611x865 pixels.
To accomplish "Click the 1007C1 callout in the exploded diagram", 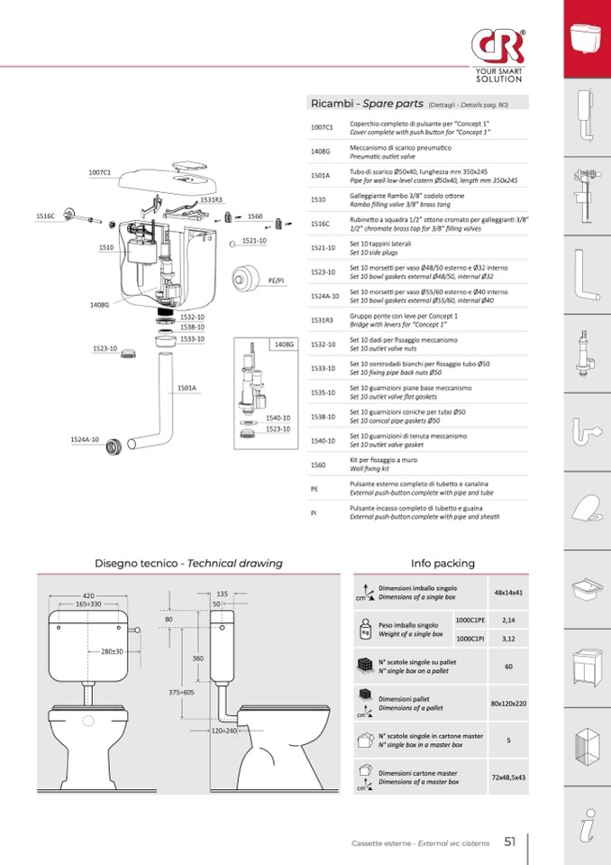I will [x=99, y=171].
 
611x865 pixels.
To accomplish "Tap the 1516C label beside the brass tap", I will [x=45, y=216].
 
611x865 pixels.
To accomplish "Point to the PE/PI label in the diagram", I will [x=277, y=281].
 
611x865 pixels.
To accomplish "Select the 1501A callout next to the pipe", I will [x=187, y=388].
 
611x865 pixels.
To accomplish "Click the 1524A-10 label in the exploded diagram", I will [x=85, y=439].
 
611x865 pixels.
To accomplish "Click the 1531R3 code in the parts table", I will [x=322, y=319].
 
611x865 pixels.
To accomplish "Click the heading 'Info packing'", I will [x=442, y=564].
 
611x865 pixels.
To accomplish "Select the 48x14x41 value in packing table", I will [x=508, y=593].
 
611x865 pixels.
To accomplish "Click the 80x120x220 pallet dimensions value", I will [x=508, y=703].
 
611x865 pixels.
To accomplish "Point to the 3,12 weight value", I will [x=508, y=639].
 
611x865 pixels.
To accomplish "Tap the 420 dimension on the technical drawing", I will [x=88, y=596].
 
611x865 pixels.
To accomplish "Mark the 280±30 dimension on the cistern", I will [x=113, y=650].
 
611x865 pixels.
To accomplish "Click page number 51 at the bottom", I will [x=509, y=842].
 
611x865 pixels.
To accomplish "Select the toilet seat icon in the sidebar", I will [x=587, y=508].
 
